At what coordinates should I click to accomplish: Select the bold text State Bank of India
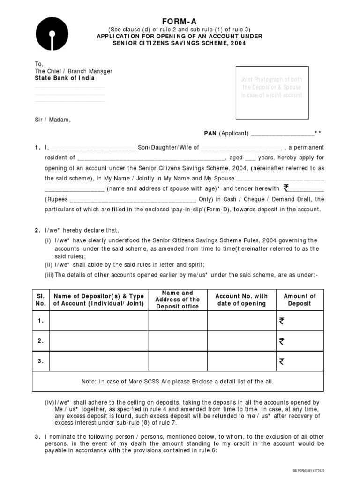click(64, 78)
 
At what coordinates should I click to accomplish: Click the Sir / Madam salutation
click(52, 120)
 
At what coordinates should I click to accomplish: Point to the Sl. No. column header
click(41, 300)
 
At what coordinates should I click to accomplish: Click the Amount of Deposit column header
click(300, 300)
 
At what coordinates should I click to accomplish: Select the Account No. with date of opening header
click(241, 300)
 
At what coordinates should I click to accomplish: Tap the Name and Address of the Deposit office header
click(177, 300)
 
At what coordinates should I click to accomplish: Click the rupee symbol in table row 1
click(281, 321)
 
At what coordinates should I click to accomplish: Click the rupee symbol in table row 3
click(281, 361)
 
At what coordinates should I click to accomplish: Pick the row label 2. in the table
click(41, 341)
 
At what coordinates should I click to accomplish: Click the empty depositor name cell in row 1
click(99, 321)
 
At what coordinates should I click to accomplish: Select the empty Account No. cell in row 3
click(241, 361)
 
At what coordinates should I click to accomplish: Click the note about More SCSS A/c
click(177, 382)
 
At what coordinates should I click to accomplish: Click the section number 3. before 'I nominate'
click(37, 437)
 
